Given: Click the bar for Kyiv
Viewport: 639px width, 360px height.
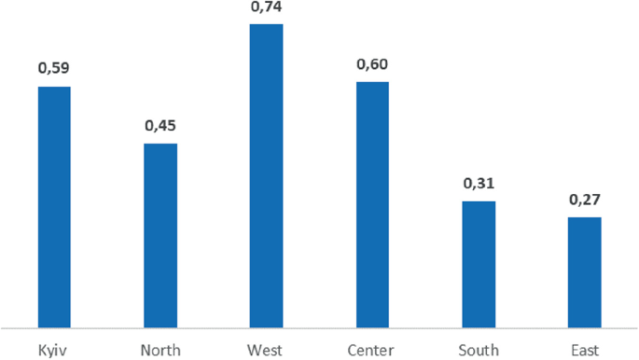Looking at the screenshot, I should coord(54,206).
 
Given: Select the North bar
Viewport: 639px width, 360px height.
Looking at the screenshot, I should coord(160,235).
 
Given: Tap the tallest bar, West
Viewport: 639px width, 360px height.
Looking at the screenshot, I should coord(266,175).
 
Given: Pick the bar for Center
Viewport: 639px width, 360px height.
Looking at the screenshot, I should coord(372,204).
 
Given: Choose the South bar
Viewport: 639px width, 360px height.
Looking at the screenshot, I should coord(479,264).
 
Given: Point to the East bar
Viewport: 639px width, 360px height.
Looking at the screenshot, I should coord(584,272).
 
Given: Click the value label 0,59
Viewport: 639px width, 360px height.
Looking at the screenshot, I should coord(54,68).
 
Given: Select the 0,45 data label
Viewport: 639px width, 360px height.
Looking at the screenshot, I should coord(160,125).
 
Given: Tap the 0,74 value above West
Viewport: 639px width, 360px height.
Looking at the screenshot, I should coord(266,7).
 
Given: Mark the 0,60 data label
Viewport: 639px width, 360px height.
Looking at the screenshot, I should coord(372,64).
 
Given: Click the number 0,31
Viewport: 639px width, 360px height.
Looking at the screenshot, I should coord(479,183).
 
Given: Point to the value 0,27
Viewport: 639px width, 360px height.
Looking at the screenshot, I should coord(584,199).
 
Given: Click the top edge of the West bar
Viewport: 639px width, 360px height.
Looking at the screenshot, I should coord(266,25).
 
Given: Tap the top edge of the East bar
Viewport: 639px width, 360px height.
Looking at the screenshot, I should coord(584,218).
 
